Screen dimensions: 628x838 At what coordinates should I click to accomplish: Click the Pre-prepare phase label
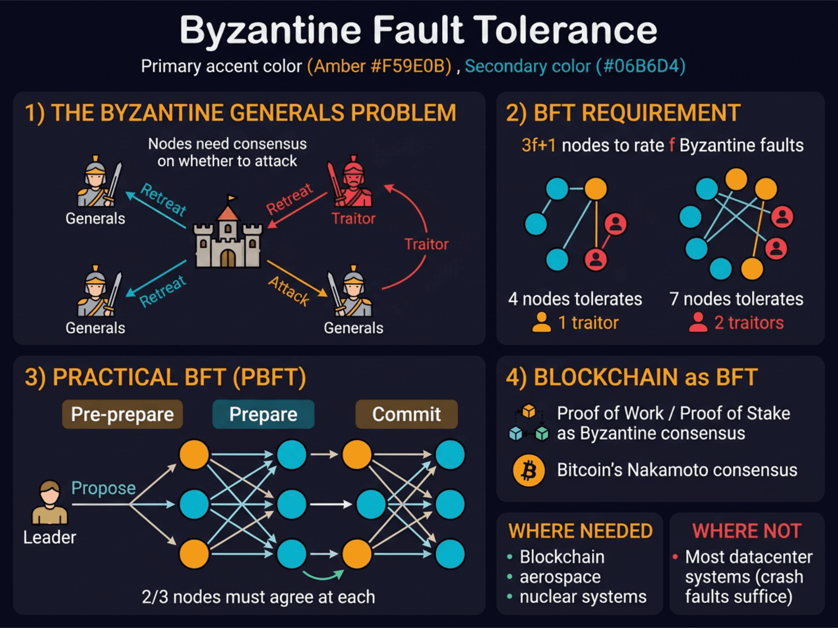pos(123,414)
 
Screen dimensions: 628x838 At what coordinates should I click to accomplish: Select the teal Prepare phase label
pos(263,414)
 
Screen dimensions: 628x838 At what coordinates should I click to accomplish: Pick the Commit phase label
pos(406,414)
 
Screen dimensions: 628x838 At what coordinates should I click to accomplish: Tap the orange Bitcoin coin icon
pos(529,470)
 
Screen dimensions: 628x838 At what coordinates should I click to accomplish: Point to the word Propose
pos(103,488)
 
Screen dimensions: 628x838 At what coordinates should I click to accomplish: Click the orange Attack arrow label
pos(289,290)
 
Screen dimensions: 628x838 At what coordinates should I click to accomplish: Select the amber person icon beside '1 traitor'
pos(541,322)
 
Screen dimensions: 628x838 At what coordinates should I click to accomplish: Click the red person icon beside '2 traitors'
pos(698,322)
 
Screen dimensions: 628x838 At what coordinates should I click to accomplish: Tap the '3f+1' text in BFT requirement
pos(538,145)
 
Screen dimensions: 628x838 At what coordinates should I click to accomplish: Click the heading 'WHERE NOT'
pos(747,531)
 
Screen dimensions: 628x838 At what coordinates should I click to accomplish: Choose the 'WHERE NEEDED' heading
pos(580,531)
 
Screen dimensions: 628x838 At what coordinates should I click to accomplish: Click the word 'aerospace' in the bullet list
pos(560,577)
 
